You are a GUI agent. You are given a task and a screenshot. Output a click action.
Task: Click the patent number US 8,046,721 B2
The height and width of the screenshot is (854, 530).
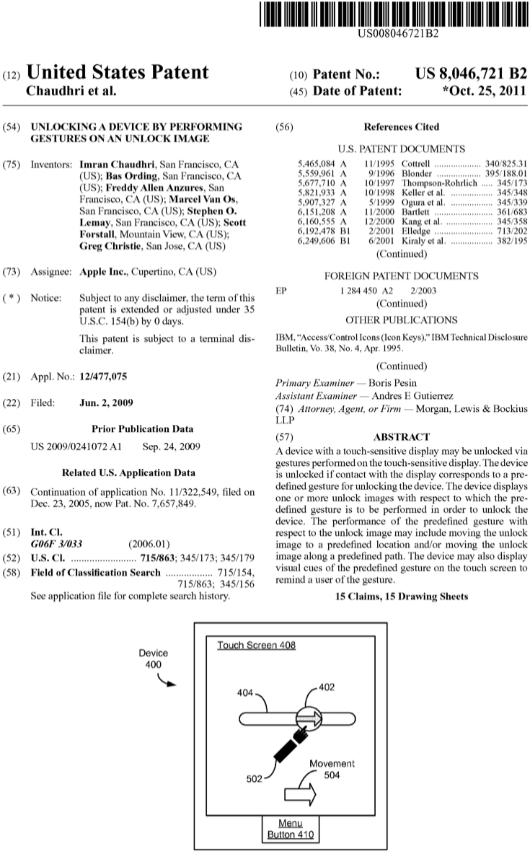click(472, 73)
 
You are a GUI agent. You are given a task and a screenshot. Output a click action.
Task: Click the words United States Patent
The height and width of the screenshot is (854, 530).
click(118, 73)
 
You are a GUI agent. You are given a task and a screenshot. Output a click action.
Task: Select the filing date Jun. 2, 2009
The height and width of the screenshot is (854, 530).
click(107, 402)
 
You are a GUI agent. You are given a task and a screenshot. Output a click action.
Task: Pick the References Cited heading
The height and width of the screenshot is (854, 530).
click(401, 127)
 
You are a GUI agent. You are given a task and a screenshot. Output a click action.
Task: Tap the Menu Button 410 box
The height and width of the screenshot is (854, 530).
click(291, 829)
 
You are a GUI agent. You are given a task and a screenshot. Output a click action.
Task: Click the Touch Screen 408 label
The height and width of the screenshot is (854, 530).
click(256, 645)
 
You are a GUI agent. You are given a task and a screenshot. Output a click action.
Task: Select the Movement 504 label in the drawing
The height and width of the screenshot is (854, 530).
click(332, 769)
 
